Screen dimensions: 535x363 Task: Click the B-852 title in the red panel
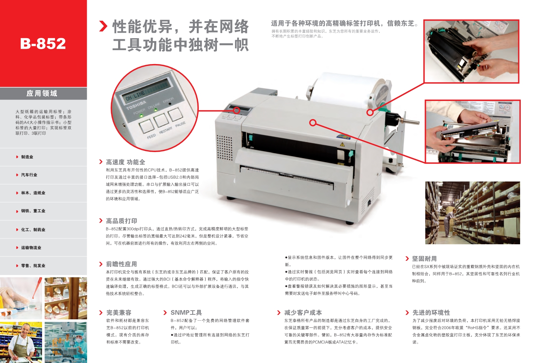tap(43, 43)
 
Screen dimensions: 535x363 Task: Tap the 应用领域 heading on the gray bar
tap(42, 93)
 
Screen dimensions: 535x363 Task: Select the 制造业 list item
tap(27, 157)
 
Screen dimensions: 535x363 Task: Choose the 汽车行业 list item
tap(29, 175)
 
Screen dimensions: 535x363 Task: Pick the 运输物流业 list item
tap(31, 247)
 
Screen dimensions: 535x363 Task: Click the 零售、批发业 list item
tap(33, 266)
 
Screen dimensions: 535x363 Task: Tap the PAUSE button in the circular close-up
tap(175, 115)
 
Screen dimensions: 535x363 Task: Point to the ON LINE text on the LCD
tap(135, 95)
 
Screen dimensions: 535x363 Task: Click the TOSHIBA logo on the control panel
tap(136, 105)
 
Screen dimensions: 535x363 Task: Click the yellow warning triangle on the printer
tap(342, 144)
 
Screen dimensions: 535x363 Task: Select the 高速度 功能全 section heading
tap(126, 162)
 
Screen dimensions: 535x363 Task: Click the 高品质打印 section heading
tap(122, 221)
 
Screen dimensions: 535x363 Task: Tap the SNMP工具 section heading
tap(186, 313)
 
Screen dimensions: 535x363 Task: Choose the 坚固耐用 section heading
tap(424, 258)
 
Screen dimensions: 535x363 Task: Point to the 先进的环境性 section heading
tap(431, 313)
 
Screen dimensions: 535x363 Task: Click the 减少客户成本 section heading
tap(303, 313)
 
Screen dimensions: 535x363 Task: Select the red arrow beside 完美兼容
tap(101, 313)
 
